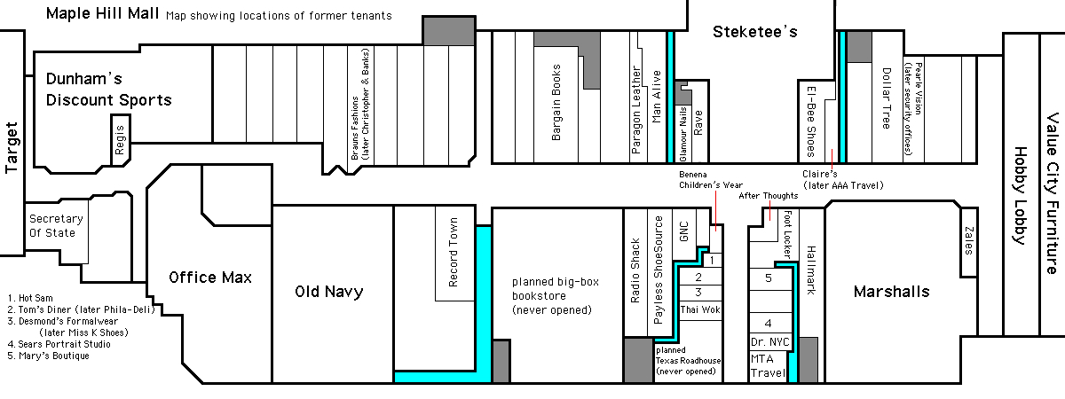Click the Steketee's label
pyautogui.click(x=755, y=33)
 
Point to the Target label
pyautogui.click(x=12, y=147)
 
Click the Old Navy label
pyautogui.click(x=328, y=292)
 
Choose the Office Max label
pyautogui.click(x=210, y=278)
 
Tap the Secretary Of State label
pyautogui.click(x=55, y=226)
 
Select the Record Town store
pyautogui.click(x=454, y=253)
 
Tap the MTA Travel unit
pyautogui.click(x=767, y=367)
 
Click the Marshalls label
pyautogui.click(x=891, y=292)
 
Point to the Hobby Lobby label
pyautogui.click(x=1019, y=198)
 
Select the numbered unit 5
pyautogui.click(x=768, y=278)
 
